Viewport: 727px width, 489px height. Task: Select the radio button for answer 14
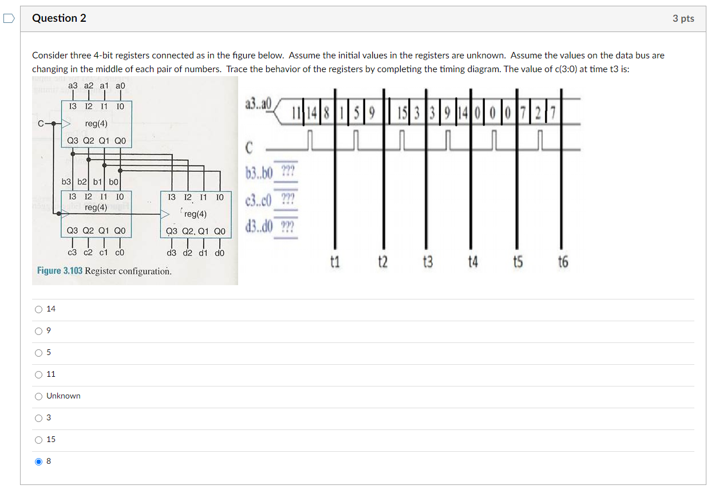click(38, 309)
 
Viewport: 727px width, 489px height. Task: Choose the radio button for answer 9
click(38, 331)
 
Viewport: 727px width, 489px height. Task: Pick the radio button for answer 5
click(38, 353)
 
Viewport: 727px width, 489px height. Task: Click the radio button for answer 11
click(38, 374)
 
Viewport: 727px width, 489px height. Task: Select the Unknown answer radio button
click(38, 396)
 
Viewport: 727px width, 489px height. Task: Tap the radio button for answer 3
click(38, 418)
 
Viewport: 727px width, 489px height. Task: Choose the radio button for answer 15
click(38, 440)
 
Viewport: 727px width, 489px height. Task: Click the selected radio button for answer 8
click(38, 462)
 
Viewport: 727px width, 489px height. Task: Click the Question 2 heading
click(59, 18)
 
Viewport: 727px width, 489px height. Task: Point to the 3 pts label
click(683, 18)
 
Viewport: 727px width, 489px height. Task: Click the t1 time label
click(335, 262)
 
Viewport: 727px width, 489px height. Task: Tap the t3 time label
click(427, 262)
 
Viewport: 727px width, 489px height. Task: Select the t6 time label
click(563, 262)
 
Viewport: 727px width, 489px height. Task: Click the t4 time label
click(472, 262)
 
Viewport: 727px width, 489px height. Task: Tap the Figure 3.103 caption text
click(104, 270)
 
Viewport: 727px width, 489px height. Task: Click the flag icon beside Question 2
click(9, 18)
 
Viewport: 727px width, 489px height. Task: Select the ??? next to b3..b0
click(287, 172)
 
